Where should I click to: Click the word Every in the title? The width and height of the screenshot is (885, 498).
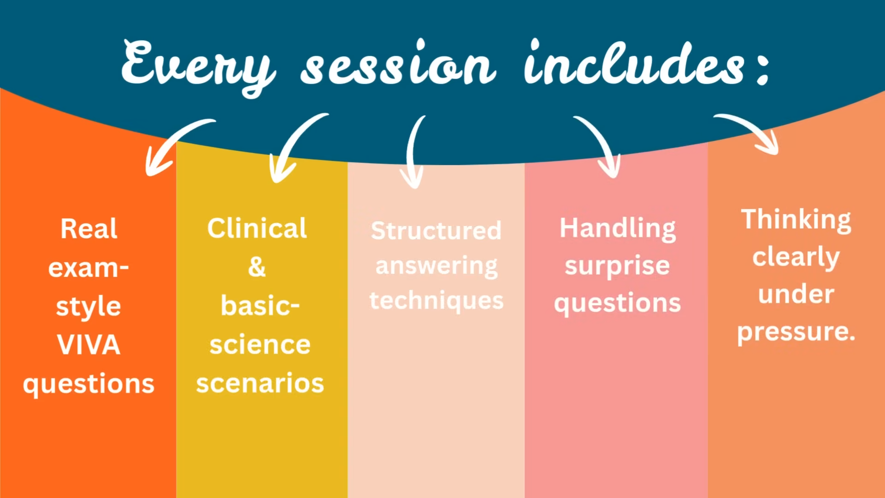(198, 67)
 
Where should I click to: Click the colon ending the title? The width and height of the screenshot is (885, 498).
(763, 69)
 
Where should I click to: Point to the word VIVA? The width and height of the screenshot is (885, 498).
(88, 344)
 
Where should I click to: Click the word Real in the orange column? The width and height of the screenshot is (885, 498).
(89, 229)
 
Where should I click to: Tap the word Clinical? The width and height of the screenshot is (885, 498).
(257, 228)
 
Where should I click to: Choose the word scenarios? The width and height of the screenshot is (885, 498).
(260, 383)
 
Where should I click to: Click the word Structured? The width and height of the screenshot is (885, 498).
(436, 231)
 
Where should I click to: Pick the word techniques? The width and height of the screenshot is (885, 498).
(436, 302)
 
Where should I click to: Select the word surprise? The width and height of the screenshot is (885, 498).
(617, 267)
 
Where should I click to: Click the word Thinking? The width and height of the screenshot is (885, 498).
(796, 220)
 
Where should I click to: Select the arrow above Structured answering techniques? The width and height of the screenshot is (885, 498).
(411, 152)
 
